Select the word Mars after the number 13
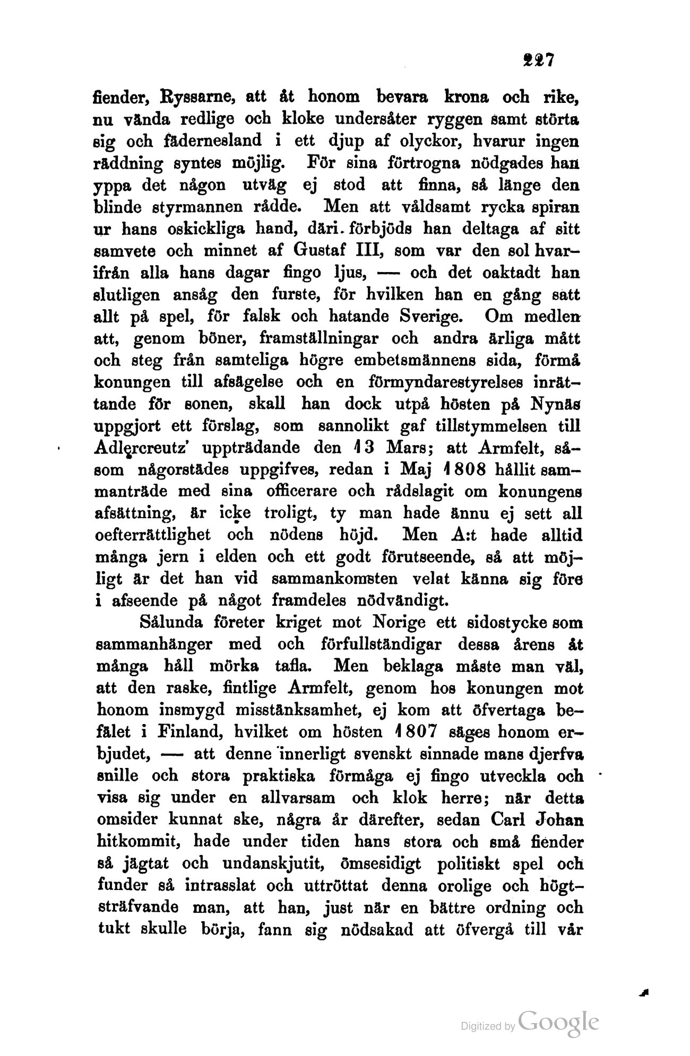pos(393,448)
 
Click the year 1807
pos(415,732)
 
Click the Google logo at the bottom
pos(559,1022)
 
